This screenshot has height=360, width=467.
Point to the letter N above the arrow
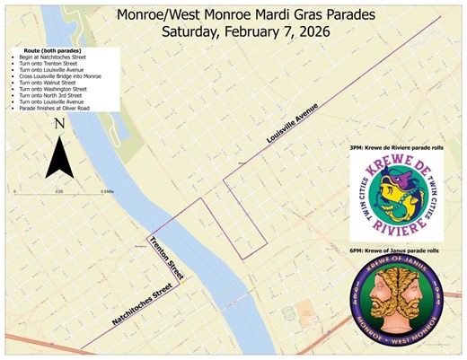tap(57, 124)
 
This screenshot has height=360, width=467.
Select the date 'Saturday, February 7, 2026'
tap(235, 31)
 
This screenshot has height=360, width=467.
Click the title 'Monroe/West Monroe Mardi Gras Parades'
tap(235, 14)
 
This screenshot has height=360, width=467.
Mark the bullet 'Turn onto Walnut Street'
tap(40, 83)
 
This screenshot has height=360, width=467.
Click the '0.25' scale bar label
tap(60, 191)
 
